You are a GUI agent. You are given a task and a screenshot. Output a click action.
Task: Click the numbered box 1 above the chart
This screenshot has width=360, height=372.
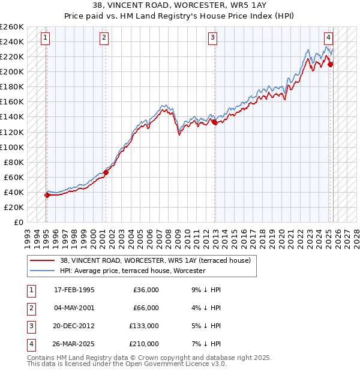[46, 38]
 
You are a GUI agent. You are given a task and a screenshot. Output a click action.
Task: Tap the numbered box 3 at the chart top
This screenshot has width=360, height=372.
[213, 38]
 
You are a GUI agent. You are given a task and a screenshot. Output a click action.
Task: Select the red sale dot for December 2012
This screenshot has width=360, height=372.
[214, 122]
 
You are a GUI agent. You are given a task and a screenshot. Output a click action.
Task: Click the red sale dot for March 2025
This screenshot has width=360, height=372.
[330, 64]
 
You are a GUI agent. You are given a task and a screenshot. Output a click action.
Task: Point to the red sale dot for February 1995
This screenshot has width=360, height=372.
[47, 195]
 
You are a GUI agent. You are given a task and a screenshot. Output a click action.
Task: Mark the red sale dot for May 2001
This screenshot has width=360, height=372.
[106, 172]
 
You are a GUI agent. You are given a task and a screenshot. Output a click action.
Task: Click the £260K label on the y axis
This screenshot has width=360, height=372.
[12, 27]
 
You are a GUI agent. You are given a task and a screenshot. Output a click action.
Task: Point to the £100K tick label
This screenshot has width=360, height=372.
[12, 147]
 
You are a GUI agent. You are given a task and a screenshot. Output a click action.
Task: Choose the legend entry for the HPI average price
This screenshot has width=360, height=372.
[133, 271]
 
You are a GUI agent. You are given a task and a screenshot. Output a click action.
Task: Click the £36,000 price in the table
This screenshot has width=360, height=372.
[145, 290]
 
